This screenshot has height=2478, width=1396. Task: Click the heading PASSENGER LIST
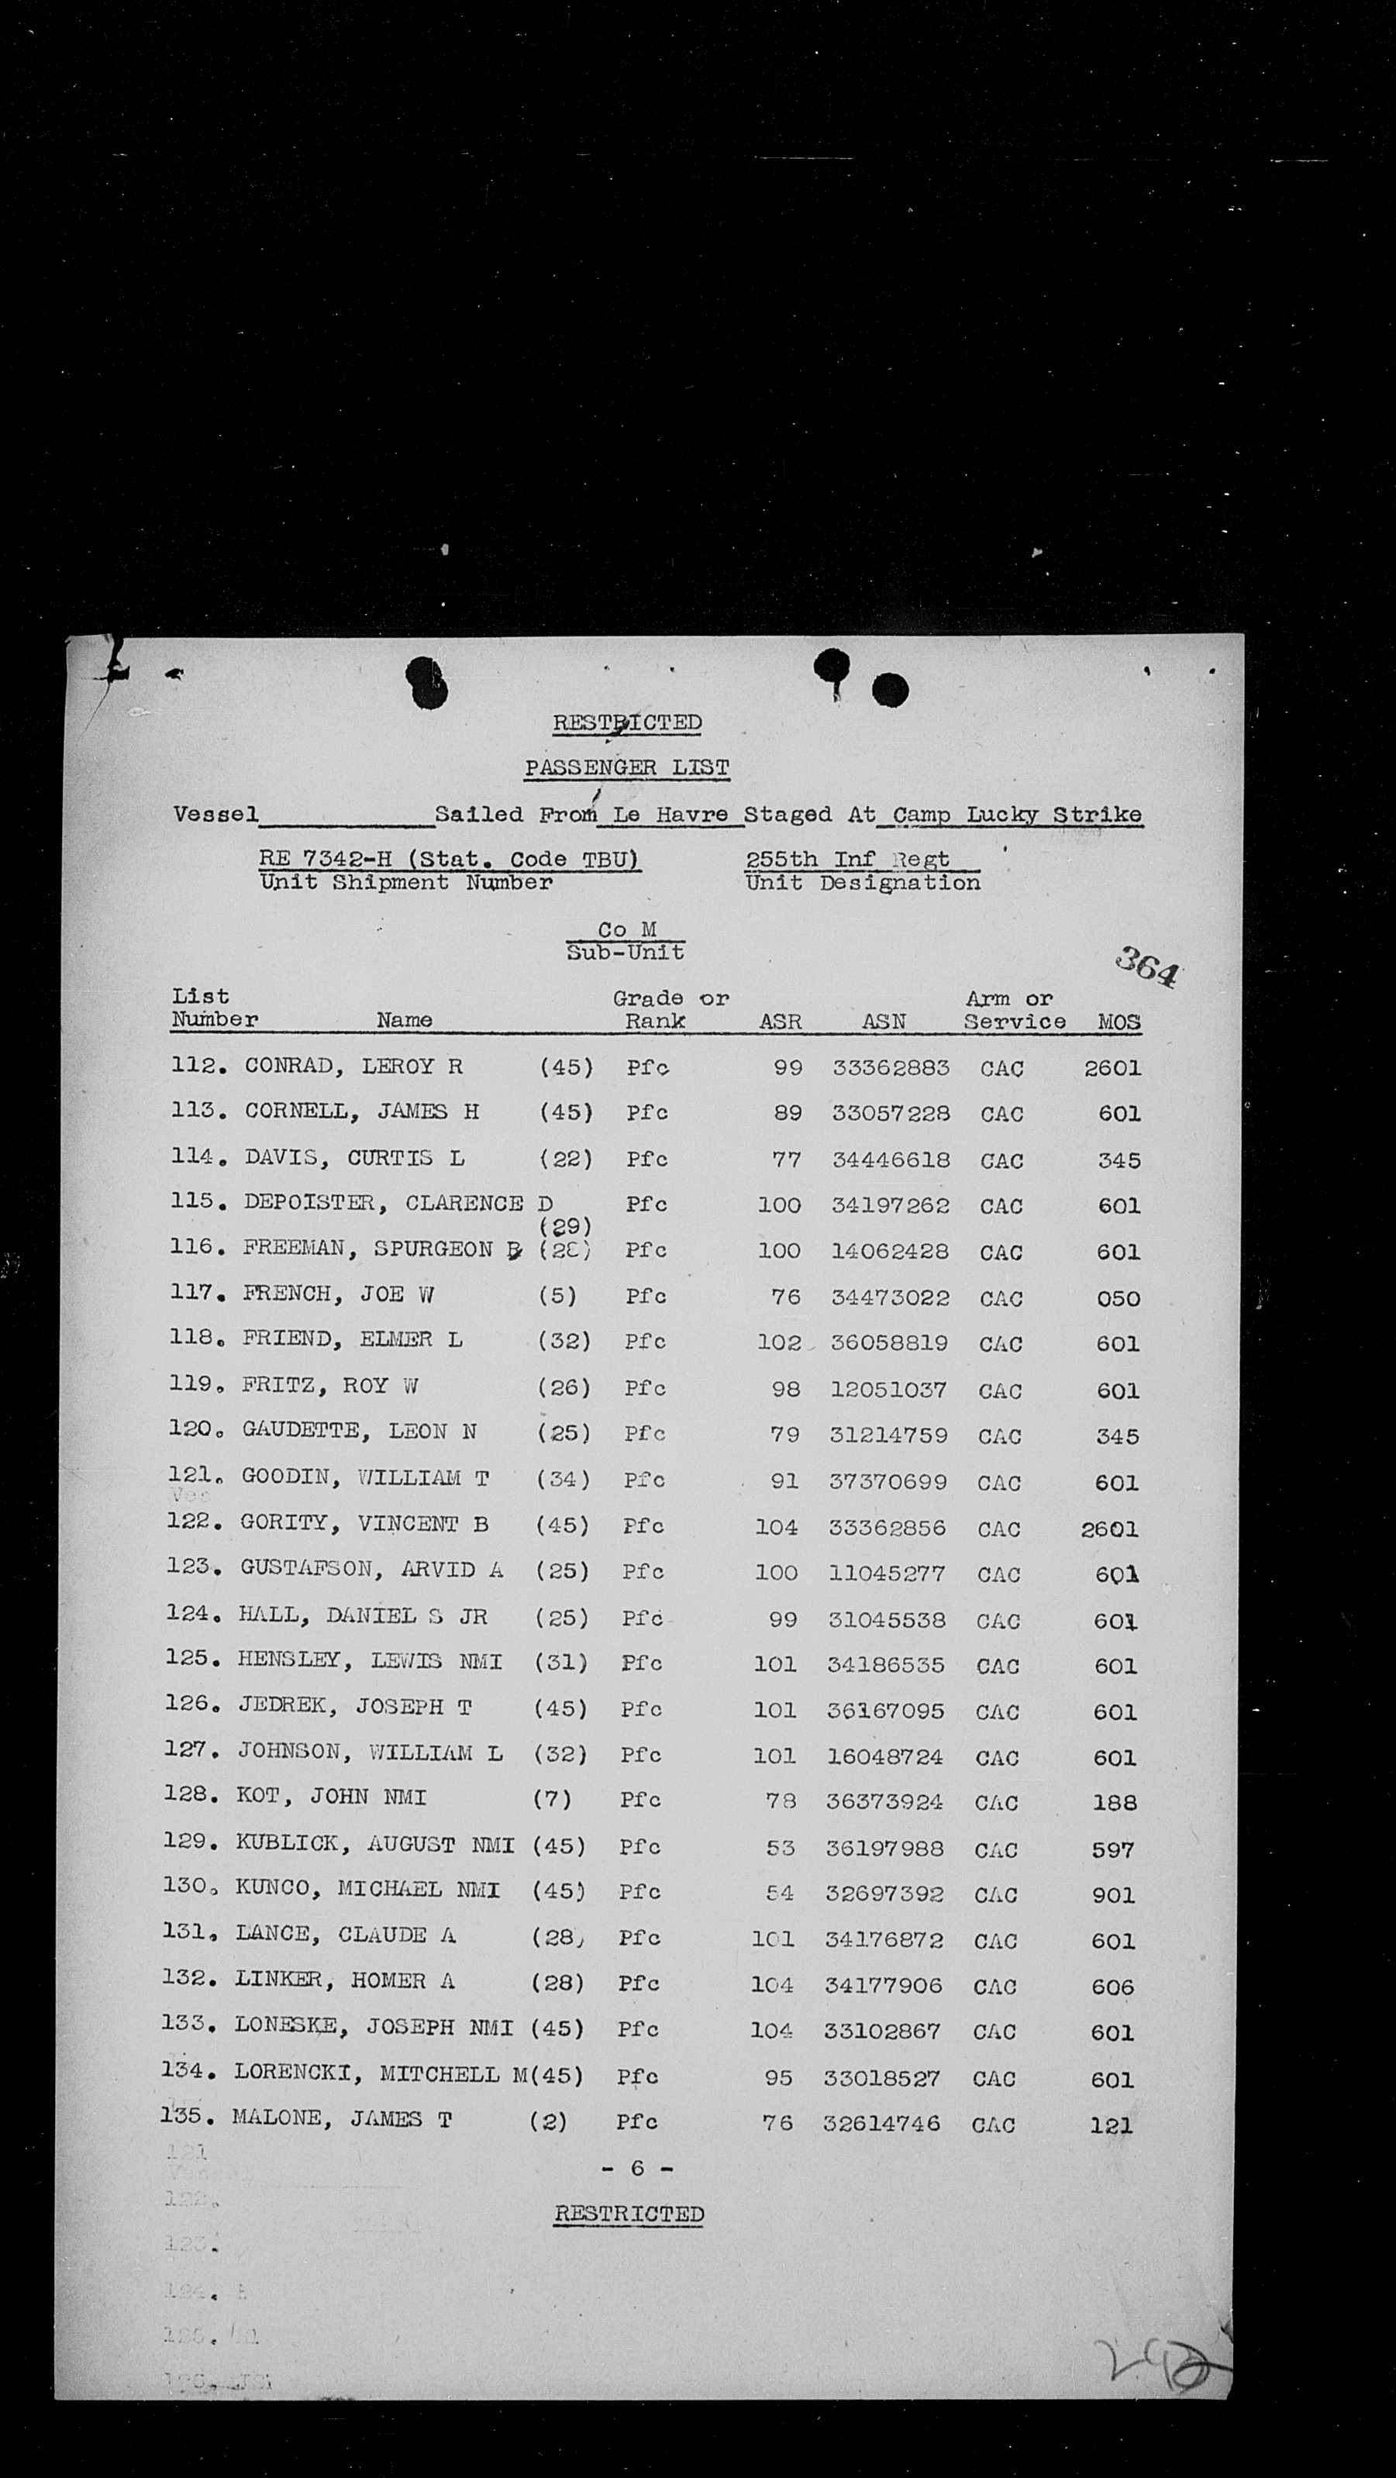pyautogui.click(x=626, y=767)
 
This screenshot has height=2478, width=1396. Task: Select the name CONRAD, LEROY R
pyautogui.click(x=353, y=1066)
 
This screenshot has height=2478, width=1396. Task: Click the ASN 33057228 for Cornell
pyautogui.click(x=890, y=1113)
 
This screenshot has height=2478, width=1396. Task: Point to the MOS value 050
pyautogui.click(x=1118, y=1298)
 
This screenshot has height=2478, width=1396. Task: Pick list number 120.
pyautogui.click(x=190, y=1429)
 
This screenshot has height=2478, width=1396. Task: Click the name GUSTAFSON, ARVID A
pyautogui.click(x=371, y=1569)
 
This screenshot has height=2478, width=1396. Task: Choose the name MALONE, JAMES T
pyautogui.click(x=340, y=2119)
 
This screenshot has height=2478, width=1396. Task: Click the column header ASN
pyautogui.click(x=883, y=1022)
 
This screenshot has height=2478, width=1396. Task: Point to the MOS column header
pyautogui.click(x=1119, y=1022)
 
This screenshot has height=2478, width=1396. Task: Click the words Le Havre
pyautogui.click(x=670, y=815)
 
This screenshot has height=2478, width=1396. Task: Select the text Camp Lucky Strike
pyautogui.click(x=1017, y=815)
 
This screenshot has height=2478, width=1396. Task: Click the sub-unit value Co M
pyautogui.click(x=626, y=929)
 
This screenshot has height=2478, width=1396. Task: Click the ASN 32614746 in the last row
pyautogui.click(x=881, y=2122)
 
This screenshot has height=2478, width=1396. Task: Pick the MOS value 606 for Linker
pyautogui.click(x=1113, y=1987)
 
